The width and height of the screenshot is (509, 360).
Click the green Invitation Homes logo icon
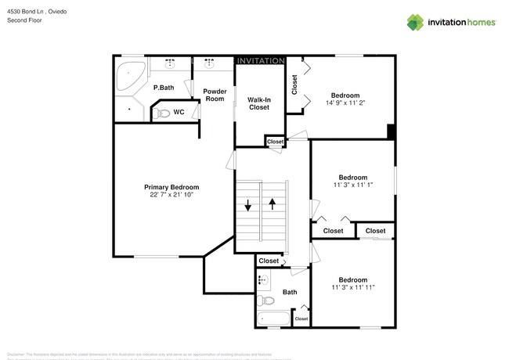[x=413, y=22]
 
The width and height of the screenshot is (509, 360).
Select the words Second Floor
[x=25, y=20]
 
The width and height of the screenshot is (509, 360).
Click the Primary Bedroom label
[x=171, y=187]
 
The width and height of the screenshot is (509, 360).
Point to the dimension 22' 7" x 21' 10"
[x=171, y=195]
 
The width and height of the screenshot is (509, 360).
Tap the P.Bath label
[x=163, y=88]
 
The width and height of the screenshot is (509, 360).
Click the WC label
[x=179, y=112]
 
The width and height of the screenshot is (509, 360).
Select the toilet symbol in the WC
[x=162, y=113]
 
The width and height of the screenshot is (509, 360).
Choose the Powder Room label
[x=215, y=95]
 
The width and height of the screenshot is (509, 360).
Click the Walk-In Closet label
[x=258, y=103]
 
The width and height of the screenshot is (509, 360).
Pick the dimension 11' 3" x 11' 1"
[x=352, y=185]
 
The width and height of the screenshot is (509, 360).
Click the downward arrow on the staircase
[x=248, y=206]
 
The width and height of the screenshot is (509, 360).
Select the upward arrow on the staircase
[x=273, y=206]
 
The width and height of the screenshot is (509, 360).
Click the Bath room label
[x=290, y=292]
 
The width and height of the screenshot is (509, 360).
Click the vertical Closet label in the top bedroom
[x=294, y=84]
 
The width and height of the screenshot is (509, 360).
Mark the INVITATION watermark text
[x=260, y=60]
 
